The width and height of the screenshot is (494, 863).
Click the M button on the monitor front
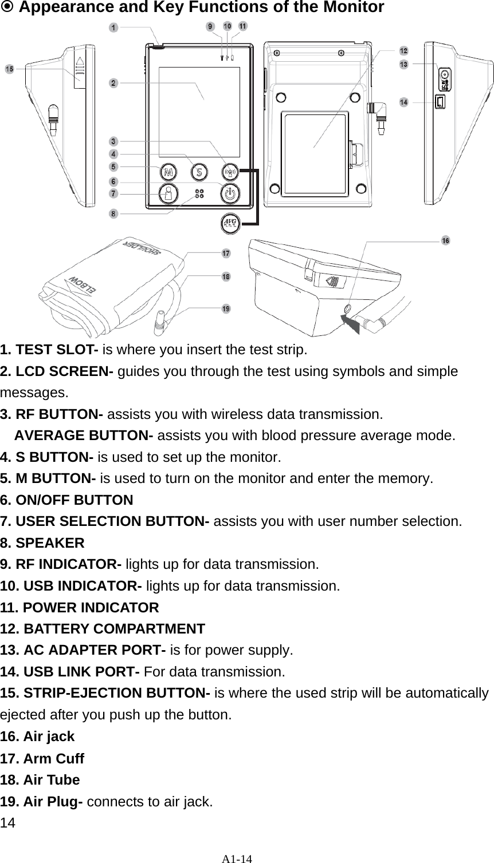coord(168,171)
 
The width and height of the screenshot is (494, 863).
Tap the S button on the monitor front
coord(199,171)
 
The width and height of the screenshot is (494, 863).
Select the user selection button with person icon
coord(168,193)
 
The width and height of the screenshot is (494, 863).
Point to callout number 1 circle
coord(115,27)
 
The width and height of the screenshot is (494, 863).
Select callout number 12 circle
coord(403,51)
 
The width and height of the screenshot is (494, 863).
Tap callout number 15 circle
coord(9,69)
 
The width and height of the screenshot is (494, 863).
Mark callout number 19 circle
coord(226,308)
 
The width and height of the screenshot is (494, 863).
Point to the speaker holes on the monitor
coord(199,193)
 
